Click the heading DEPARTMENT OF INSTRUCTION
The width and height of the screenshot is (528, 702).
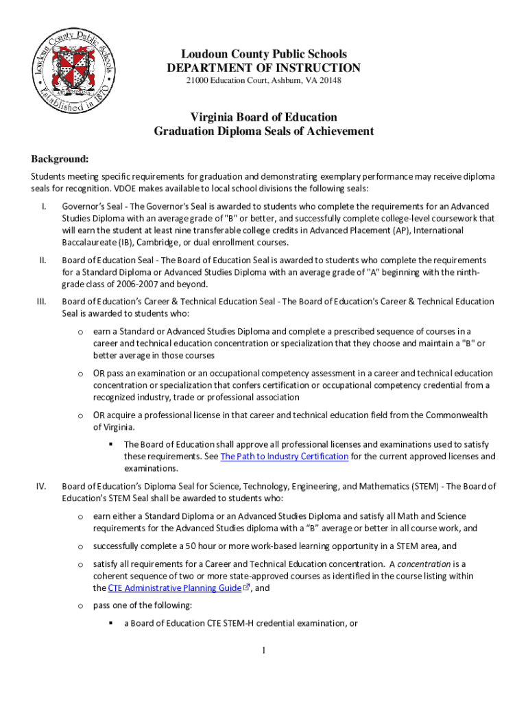pos(263,68)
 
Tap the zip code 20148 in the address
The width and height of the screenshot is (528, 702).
pos(328,82)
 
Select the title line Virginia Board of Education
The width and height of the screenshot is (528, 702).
pos(263,117)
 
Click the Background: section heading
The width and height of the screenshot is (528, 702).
pos(59,159)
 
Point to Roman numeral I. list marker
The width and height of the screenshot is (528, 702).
pos(43,206)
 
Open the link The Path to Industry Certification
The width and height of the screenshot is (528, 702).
pos(284,457)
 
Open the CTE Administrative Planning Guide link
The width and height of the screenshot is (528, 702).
pos(175,588)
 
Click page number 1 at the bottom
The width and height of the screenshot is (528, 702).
pos(264,650)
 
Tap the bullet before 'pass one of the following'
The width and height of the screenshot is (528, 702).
pos(80,606)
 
